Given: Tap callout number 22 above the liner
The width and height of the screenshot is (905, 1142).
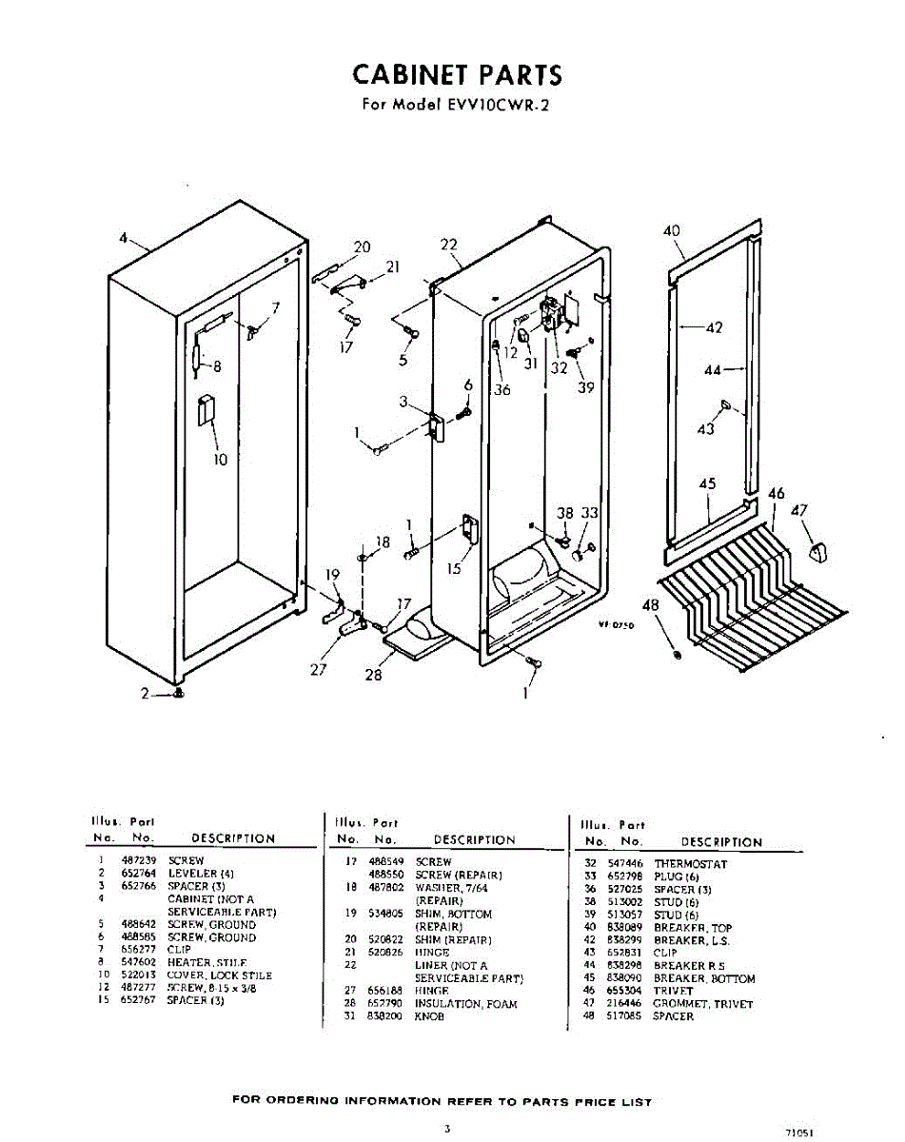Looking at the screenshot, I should pyautogui.click(x=449, y=245).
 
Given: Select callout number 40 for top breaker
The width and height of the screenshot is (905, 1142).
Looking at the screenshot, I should pyautogui.click(x=672, y=231).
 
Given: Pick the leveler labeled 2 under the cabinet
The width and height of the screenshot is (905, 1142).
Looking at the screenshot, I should pyautogui.click(x=178, y=694).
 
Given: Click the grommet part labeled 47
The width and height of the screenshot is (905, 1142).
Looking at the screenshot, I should pyautogui.click(x=816, y=549).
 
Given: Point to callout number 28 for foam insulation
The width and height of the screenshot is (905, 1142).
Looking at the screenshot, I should pyautogui.click(x=374, y=676).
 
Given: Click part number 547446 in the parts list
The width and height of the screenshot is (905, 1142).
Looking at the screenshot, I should pyautogui.click(x=625, y=864).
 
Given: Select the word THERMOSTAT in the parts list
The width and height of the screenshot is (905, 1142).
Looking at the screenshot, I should pyautogui.click(x=690, y=864).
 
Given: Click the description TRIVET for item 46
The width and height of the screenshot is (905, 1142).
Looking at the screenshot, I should pyautogui.click(x=674, y=991).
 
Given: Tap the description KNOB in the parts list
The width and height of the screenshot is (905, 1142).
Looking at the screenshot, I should pyautogui.click(x=430, y=1016).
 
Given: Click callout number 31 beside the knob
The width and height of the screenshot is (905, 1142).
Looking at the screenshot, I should pyautogui.click(x=530, y=363).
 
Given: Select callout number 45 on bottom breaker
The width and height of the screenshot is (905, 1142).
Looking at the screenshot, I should pyautogui.click(x=707, y=484).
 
